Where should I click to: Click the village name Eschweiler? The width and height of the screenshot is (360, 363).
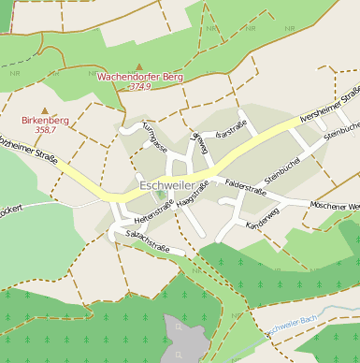pyautogui.click(x=172, y=186)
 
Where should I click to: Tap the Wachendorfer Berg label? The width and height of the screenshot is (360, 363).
pyautogui.click(x=140, y=75)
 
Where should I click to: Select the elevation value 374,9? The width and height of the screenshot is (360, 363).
pyautogui.click(x=139, y=86)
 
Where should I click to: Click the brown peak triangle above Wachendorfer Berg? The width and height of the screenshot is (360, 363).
pyautogui.click(x=139, y=65)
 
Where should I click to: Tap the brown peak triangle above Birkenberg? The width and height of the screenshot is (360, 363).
pyautogui.click(x=44, y=110)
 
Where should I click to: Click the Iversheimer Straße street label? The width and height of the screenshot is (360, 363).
pyautogui.click(x=330, y=105)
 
